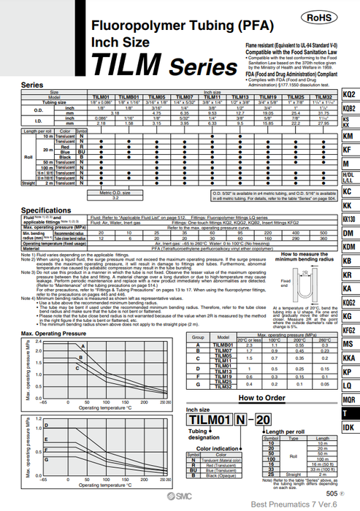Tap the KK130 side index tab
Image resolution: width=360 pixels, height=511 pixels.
(349, 219)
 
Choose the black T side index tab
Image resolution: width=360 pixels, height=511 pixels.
(349, 412)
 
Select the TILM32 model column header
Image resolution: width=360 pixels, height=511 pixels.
(325, 96)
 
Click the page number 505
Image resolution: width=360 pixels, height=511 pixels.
(331, 493)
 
